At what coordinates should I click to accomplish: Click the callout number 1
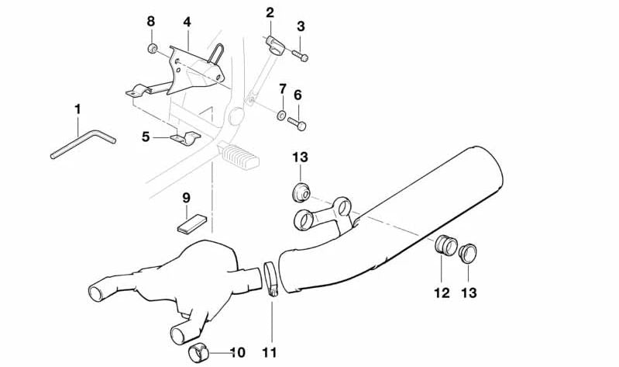77,108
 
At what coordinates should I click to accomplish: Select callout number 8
151,21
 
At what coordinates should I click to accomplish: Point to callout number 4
187,21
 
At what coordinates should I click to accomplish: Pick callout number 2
270,12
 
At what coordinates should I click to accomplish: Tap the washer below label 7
280,116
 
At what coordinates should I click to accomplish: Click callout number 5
146,137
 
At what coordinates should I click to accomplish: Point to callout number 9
186,198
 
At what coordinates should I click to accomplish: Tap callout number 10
237,353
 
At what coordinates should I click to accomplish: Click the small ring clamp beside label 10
199,353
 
